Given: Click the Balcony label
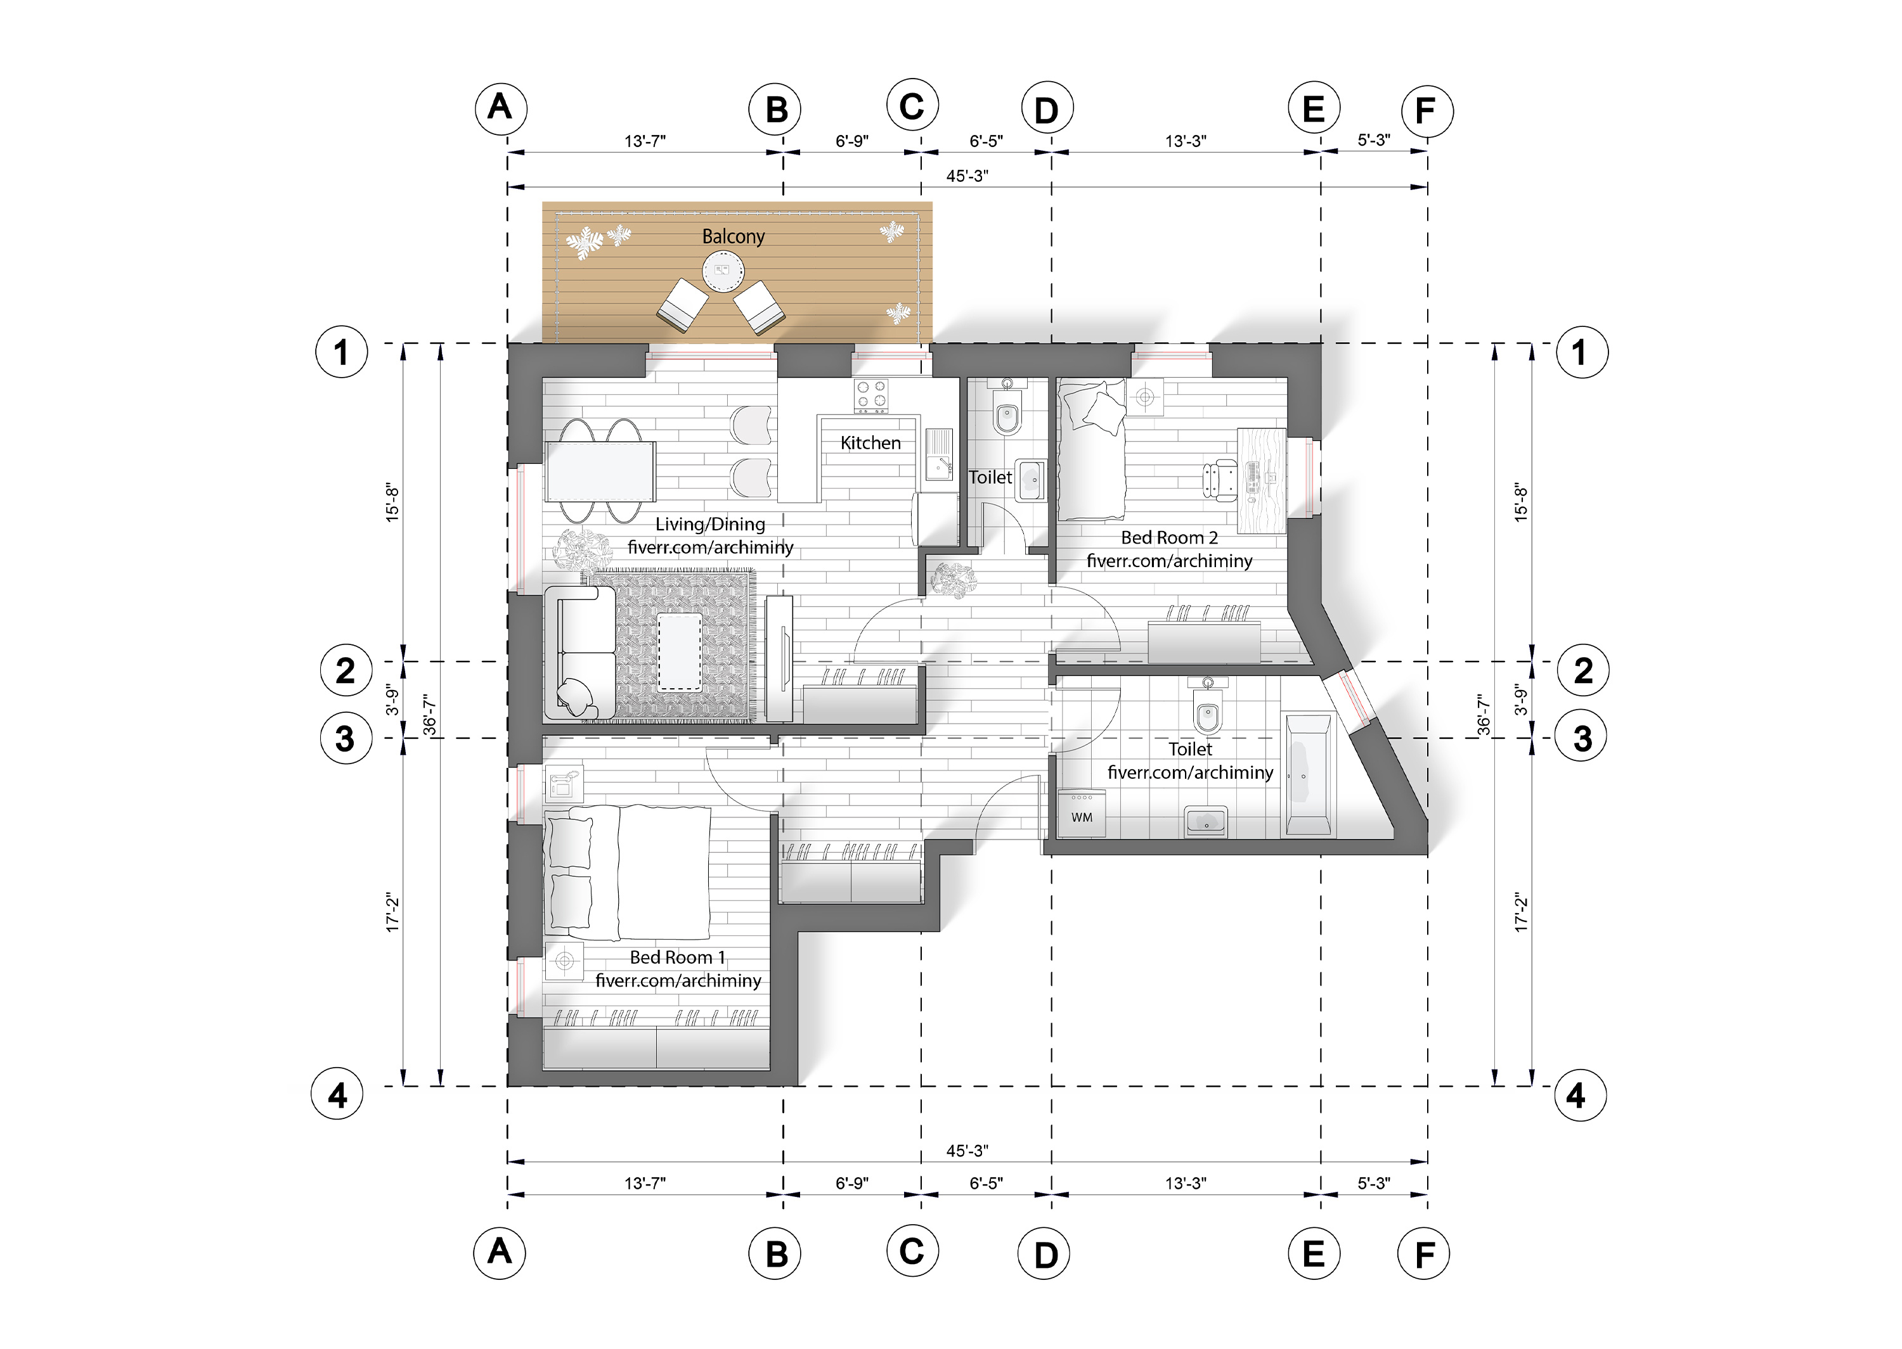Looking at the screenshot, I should [x=733, y=237].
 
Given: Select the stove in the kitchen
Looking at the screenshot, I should [x=872, y=396].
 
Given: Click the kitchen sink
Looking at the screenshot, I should [x=940, y=454].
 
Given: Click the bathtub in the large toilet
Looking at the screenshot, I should [x=1307, y=774].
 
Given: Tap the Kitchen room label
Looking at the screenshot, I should [x=870, y=444].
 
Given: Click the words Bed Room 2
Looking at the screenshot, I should [x=1169, y=537].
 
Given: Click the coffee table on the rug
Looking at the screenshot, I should [x=679, y=652].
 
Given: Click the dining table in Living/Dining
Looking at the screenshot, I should [x=600, y=471].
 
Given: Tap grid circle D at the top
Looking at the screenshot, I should [x=1046, y=109].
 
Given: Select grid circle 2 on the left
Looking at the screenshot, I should [x=345, y=670].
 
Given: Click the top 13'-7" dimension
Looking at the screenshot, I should [x=645, y=141].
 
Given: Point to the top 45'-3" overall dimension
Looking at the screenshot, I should [x=966, y=176].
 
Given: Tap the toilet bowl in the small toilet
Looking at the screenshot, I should [x=1006, y=418].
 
